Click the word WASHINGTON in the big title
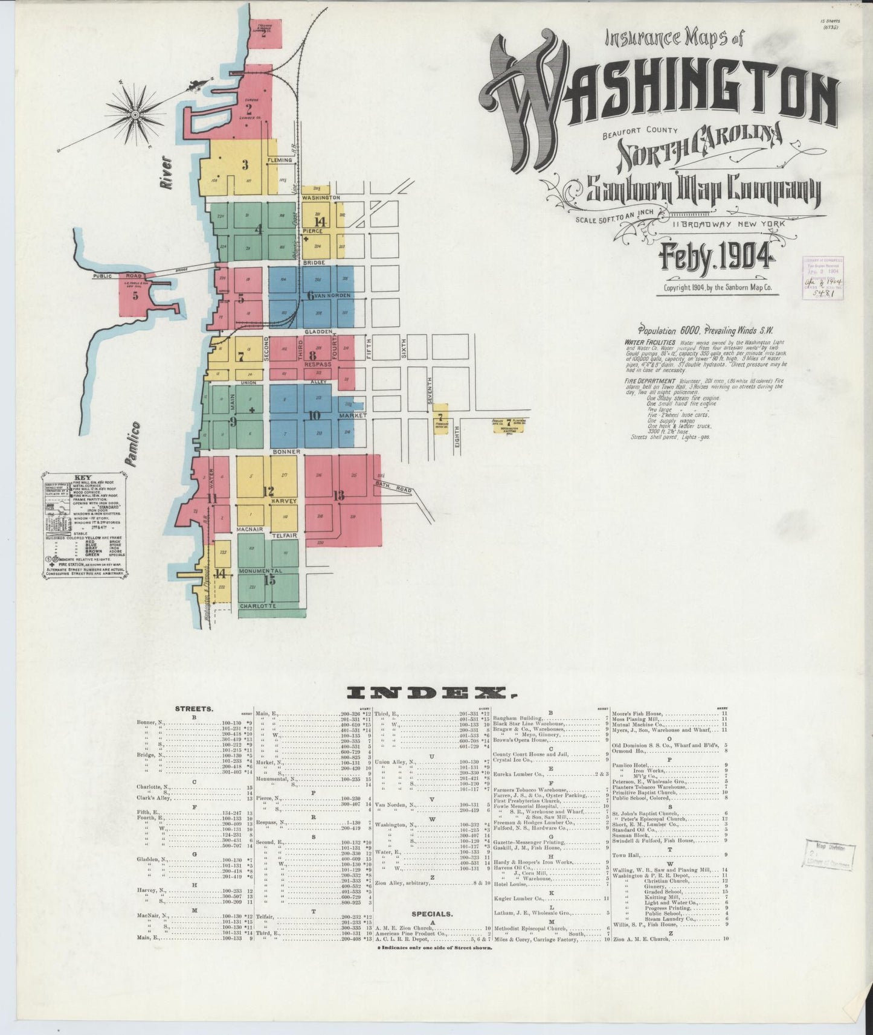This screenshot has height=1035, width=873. click(659, 97)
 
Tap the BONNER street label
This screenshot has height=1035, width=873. click(286, 452)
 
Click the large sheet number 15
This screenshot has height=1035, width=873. click(269, 580)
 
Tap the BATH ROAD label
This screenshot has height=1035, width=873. click(400, 485)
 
